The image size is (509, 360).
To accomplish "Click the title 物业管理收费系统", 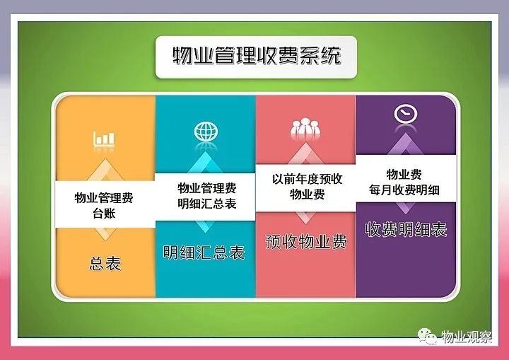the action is (x=257, y=56).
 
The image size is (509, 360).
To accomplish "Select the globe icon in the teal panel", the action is (x=206, y=132).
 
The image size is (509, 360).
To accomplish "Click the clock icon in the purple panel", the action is (x=406, y=114).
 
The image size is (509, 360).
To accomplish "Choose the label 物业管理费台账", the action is (x=104, y=205).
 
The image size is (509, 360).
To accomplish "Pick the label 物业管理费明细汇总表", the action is (x=206, y=196).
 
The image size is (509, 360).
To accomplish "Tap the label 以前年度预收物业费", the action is (x=307, y=187).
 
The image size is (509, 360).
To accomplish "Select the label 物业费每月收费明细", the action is (x=404, y=182).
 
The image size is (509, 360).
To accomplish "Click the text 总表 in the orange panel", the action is (x=105, y=263).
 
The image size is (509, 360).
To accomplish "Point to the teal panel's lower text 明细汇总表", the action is (x=204, y=252).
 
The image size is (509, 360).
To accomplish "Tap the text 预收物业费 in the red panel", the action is (x=306, y=241).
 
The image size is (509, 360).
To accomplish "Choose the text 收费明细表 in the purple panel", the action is (x=406, y=229).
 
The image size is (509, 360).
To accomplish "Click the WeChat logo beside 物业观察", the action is (x=427, y=336).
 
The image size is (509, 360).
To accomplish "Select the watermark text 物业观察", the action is (x=467, y=337).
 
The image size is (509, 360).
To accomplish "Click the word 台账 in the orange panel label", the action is (x=104, y=213).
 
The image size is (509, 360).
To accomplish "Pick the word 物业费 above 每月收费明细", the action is (x=404, y=175).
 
